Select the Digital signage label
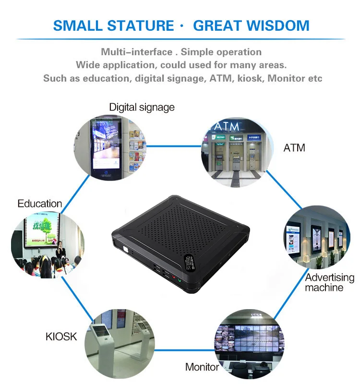point(142,107)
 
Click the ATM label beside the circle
point(294,148)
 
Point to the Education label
point(40,204)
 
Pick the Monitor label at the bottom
point(202,367)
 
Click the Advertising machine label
point(329,282)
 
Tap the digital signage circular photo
point(110,149)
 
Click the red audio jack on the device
point(173,276)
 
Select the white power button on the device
point(125,250)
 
